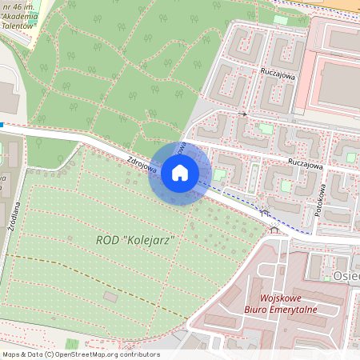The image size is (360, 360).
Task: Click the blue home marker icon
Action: tap(179, 172)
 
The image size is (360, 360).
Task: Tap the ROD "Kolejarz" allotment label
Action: tap(135, 239)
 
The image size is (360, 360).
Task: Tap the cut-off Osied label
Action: tap(346, 275)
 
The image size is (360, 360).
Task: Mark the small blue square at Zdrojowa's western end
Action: tap(2, 125)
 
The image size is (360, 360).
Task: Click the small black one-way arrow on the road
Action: tap(242, 114)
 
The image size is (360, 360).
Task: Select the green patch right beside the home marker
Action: tap(220, 174)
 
